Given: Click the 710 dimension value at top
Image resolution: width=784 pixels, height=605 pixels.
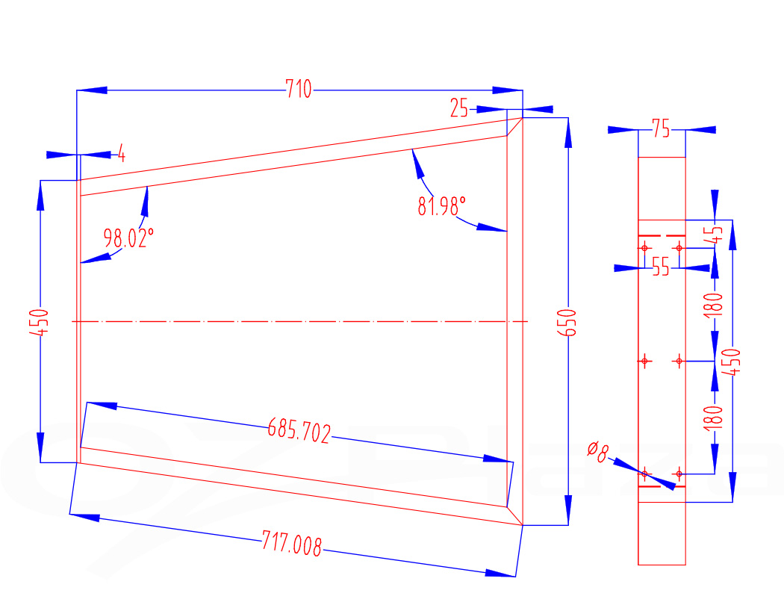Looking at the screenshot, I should point(299,90).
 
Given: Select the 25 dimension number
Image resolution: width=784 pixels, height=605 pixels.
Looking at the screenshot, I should point(459,109).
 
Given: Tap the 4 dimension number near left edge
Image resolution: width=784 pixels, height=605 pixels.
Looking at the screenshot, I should point(121,155).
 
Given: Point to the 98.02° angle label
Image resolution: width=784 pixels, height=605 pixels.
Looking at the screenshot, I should point(128,239).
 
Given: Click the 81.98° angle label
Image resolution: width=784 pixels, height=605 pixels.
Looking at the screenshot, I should point(441,206).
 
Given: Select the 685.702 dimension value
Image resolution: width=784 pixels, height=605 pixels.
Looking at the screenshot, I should point(299,431).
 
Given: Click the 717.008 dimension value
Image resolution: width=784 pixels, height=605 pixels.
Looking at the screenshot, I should point(292,544).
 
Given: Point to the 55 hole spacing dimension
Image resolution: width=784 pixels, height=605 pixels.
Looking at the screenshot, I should point(661,267).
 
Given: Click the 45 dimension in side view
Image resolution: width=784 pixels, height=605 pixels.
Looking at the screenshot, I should point(715,232).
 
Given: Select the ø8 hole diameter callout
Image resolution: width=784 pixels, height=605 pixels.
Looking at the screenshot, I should point(598,450).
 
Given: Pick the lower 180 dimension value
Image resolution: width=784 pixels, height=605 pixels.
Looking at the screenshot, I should point(715,416).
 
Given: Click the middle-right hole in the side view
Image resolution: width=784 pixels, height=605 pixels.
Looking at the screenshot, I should point(679,362).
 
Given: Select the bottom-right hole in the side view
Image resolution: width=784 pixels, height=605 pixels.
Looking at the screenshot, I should point(679,474).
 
